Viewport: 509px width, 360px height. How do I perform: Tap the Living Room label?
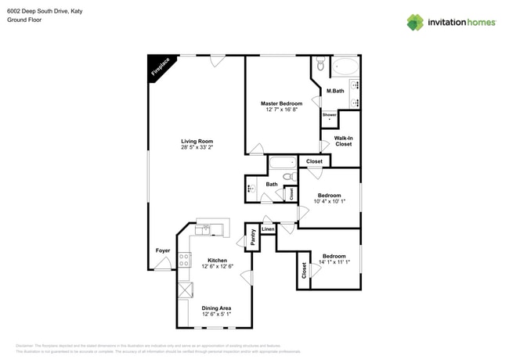(197, 141)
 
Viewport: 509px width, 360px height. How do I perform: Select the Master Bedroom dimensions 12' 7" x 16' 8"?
(281, 110)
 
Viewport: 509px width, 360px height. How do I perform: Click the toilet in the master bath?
(321, 64)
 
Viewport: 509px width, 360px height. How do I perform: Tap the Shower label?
(330, 115)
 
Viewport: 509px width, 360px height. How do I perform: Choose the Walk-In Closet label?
(344, 141)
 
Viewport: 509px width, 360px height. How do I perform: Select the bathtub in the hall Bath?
(282, 163)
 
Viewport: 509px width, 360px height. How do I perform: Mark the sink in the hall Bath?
(251, 189)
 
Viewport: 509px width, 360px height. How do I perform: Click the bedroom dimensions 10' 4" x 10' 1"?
(329, 201)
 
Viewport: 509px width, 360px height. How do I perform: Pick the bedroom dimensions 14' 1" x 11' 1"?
(335, 261)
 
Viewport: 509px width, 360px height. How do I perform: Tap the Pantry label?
(253, 238)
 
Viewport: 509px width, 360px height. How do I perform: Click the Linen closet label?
(268, 229)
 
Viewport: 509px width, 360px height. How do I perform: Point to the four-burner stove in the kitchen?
(184, 261)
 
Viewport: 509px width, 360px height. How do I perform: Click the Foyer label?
(162, 250)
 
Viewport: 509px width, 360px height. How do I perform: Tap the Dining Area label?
(216, 308)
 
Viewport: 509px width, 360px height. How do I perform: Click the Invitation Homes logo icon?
(415, 22)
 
